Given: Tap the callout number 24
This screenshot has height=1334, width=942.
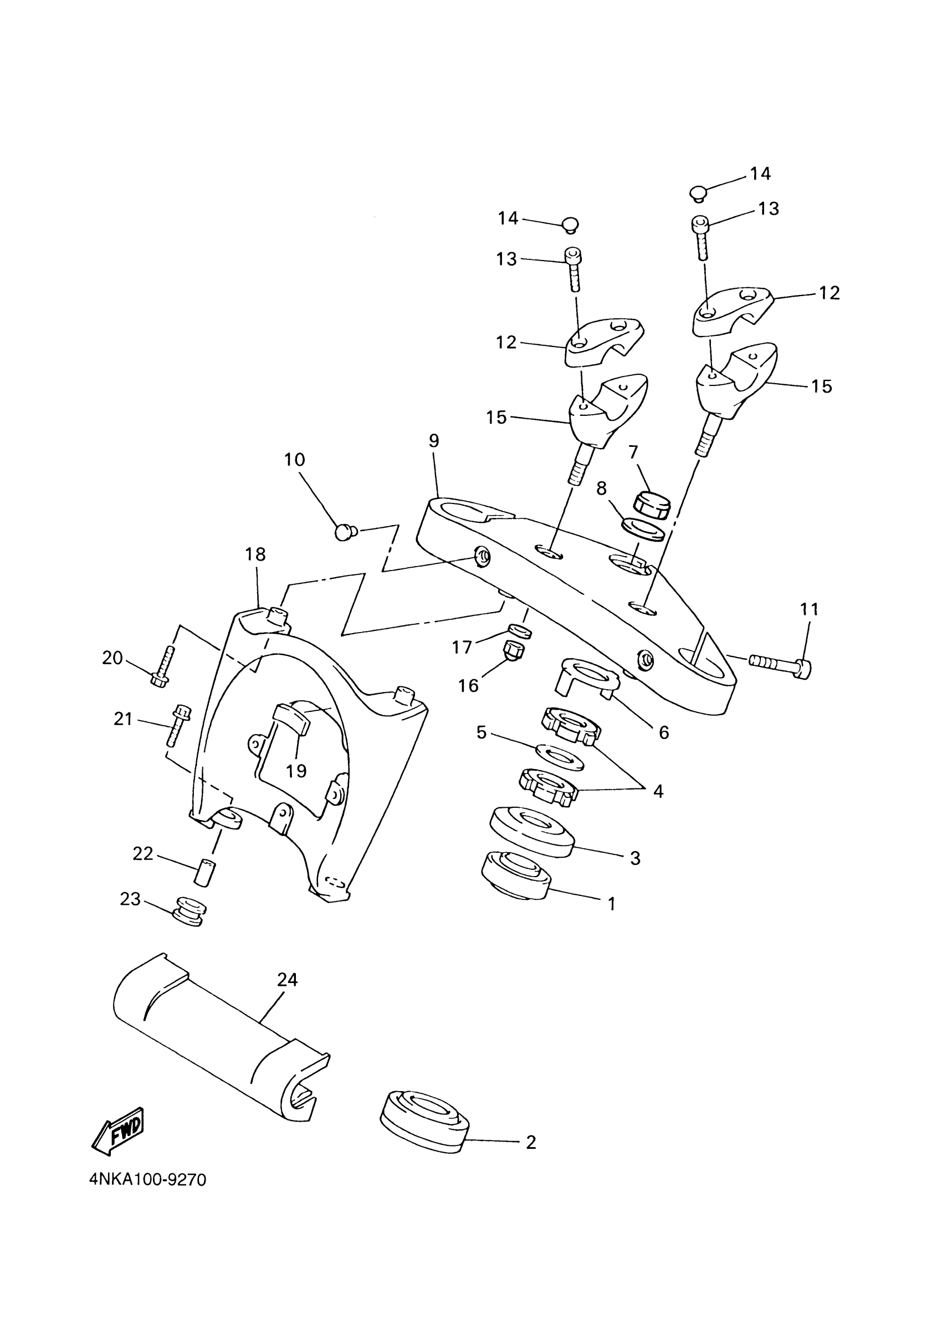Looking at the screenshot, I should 287,980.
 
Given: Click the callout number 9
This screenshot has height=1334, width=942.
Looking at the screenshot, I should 434,440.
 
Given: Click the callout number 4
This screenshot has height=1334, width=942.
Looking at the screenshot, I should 658,791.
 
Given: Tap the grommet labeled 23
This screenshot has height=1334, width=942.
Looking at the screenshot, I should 190,911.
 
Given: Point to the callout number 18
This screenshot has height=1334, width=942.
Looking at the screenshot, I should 255,554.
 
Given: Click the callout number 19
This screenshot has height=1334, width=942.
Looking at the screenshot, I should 296,771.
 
